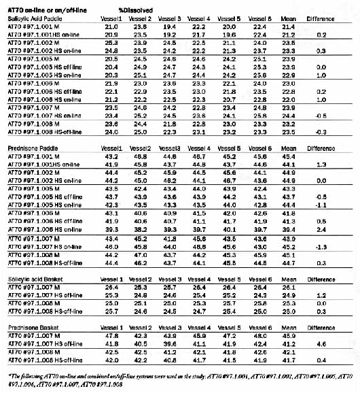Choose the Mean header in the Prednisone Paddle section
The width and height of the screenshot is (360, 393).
click(x=287, y=147)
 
